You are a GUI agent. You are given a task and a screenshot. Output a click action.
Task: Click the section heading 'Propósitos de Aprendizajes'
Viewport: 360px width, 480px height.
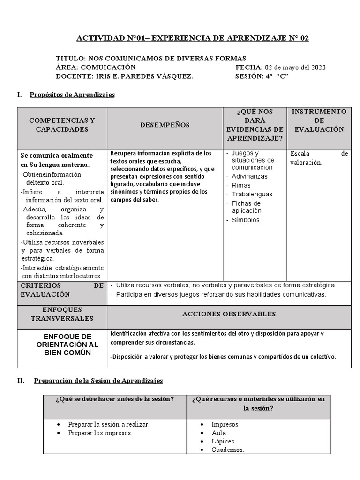pos(72,95)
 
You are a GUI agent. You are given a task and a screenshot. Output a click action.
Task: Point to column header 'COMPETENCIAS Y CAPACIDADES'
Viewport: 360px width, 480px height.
pos(62,125)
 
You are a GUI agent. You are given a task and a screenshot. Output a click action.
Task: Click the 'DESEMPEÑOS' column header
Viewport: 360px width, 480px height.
pos(165,125)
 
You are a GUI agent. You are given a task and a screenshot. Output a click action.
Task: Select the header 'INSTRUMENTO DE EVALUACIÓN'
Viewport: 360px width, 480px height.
pos(319,120)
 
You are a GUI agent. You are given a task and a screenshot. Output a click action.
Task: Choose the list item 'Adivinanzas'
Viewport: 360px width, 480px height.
pos(249,176)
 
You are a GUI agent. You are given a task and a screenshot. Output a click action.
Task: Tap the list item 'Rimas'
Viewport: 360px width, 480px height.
pos(241,185)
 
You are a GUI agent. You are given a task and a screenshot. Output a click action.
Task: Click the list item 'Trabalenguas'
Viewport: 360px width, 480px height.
pos(252,194)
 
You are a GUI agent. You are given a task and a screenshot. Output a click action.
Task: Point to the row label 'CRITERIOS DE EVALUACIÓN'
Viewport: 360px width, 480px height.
pos(62,290)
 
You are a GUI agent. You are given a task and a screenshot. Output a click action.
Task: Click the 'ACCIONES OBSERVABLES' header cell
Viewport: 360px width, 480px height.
pos(229,314)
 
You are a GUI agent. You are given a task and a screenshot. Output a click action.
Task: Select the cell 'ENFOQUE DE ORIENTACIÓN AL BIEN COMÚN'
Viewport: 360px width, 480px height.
pos(67,345)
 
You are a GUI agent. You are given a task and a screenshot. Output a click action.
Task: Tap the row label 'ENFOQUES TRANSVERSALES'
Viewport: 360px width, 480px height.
pos(62,314)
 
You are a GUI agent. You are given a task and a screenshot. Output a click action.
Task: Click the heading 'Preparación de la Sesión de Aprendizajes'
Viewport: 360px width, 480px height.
pos(98,381)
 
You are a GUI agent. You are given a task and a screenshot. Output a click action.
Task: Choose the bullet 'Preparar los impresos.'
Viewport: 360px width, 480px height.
pos(100,433)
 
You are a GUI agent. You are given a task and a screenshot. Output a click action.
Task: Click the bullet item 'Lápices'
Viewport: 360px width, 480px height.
pos(223,441)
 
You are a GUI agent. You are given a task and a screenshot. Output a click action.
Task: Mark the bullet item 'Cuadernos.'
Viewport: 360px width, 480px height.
pos(228,450)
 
